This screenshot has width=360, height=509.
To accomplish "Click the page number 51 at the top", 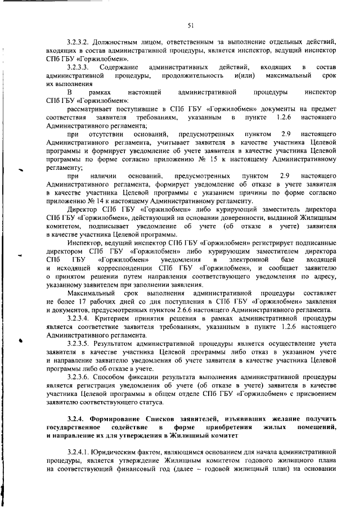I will point(191,25).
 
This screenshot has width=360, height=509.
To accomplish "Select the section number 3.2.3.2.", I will point(79,43).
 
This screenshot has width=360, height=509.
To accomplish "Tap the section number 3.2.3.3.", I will point(79,67).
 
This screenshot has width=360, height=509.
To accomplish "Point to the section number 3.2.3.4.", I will point(79,318).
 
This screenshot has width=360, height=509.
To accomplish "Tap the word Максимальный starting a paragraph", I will point(92,292).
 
